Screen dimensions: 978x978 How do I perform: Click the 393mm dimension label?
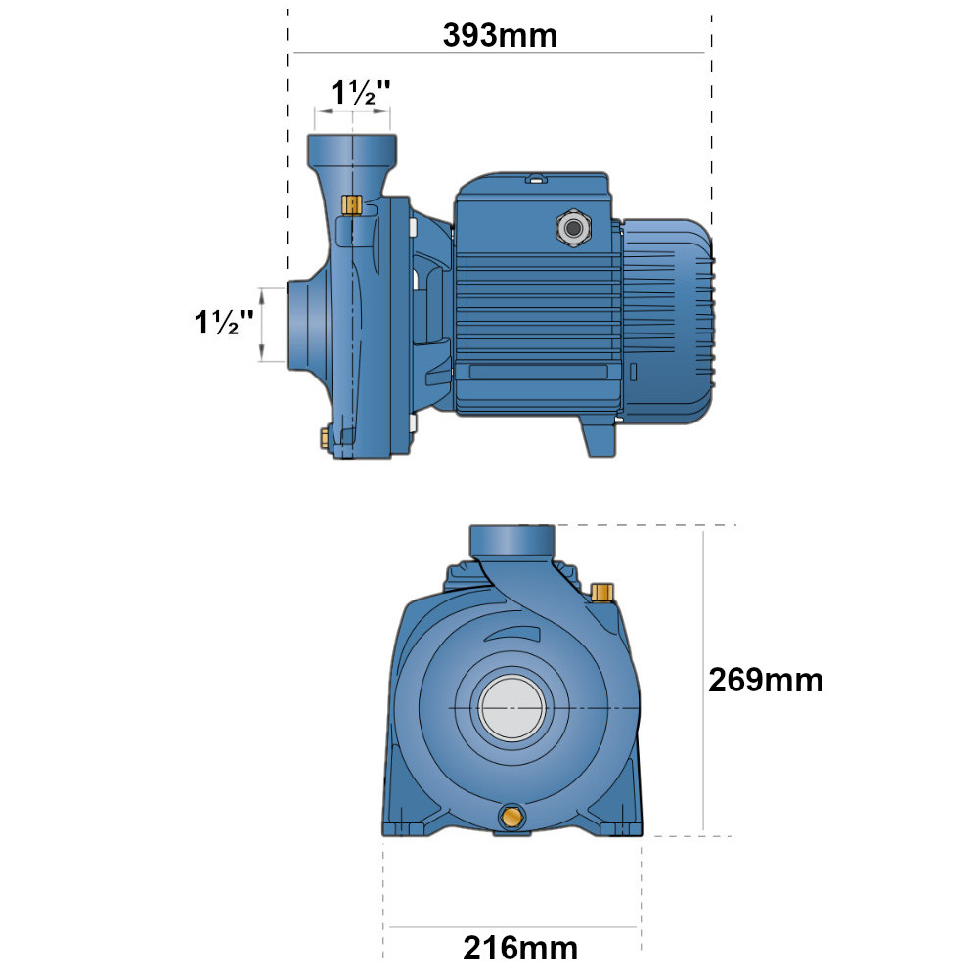pyautogui.click(x=500, y=35)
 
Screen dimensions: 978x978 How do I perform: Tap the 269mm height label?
pyautogui.click(x=766, y=680)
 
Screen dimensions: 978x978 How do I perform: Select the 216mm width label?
pyautogui.click(x=520, y=948)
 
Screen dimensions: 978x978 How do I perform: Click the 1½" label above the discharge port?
pyautogui.click(x=361, y=92)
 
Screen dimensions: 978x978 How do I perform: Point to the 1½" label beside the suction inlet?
pyautogui.click(x=224, y=322)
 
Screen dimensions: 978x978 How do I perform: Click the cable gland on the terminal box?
pyautogui.click(x=573, y=228)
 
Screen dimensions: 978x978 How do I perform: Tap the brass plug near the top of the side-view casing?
pyautogui.click(x=352, y=204)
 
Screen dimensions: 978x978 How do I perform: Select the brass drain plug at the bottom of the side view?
pyautogui.click(x=325, y=437)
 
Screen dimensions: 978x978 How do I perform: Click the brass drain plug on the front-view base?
pyautogui.click(x=512, y=817)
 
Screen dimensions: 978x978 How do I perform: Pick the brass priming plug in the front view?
pyautogui.click(x=601, y=593)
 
